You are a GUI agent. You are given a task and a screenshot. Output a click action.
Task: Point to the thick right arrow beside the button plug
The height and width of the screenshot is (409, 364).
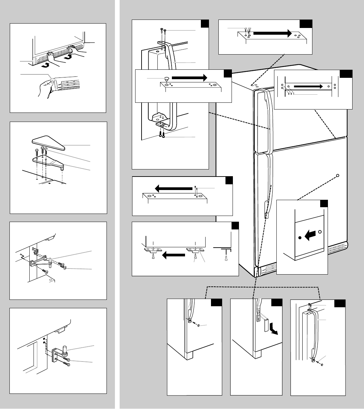191,77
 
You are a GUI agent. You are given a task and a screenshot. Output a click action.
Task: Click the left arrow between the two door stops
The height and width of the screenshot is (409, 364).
174,255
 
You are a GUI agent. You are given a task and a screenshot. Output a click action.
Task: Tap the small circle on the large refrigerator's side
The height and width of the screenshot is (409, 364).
338,175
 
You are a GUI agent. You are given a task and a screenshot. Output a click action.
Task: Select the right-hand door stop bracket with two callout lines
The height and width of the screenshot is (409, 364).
195,250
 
